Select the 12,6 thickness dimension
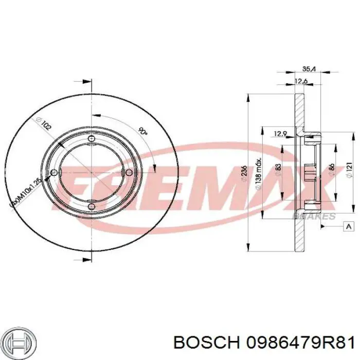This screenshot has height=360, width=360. (301, 80)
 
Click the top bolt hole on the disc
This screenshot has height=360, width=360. (92, 139)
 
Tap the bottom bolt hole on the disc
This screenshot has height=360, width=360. (91, 206)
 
